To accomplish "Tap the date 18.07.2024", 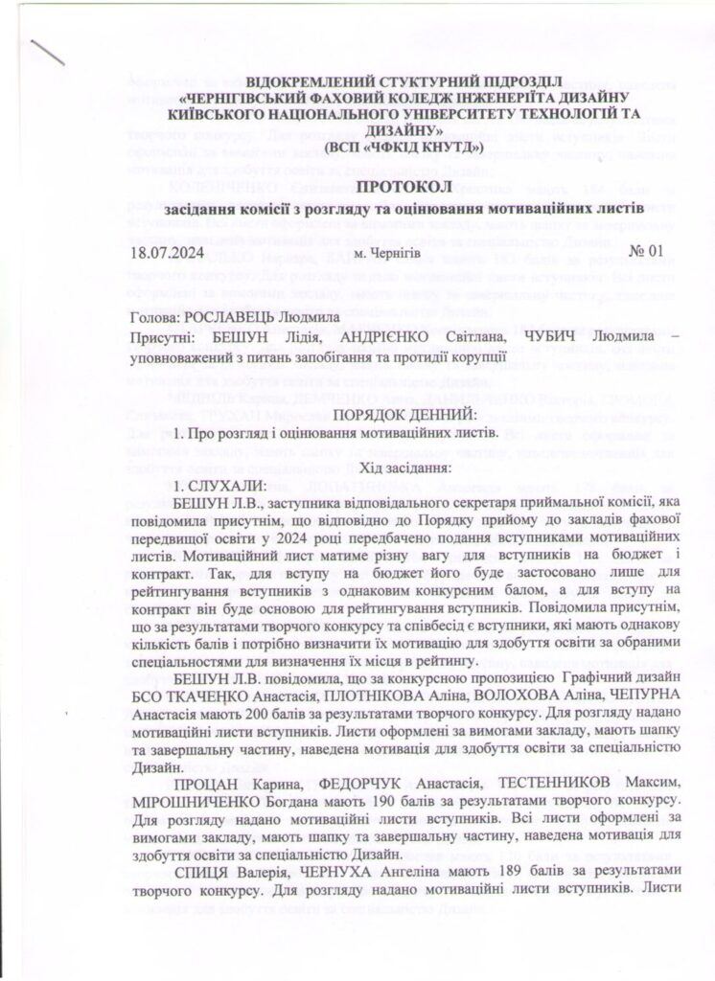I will [x=170, y=254].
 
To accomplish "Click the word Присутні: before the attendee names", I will [x=161, y=337].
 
